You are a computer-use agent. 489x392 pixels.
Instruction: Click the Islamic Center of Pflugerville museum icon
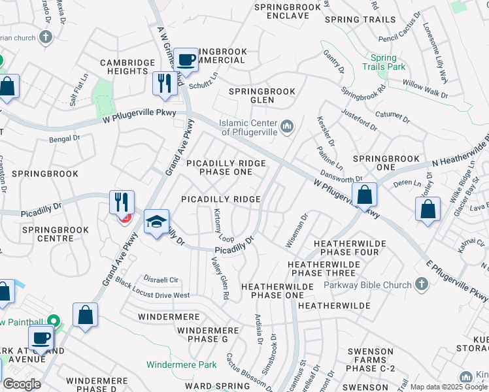click(x=286, y=125)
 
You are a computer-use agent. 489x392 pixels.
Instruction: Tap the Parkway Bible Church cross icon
click(x=422, y=284)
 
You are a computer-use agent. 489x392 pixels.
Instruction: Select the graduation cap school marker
click(x=157, y=223)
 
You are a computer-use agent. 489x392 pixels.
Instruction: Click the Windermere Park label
click(x=181, y=365)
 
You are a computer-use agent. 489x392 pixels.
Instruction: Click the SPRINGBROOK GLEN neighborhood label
click(x=261, y=96)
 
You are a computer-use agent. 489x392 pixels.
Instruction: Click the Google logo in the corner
click(x=22, y=384)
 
